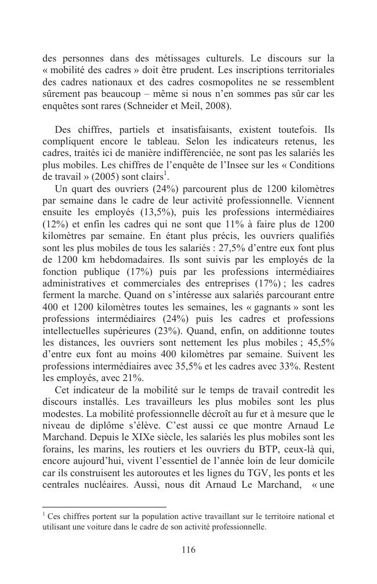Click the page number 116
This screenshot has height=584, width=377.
coord(188,550)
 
